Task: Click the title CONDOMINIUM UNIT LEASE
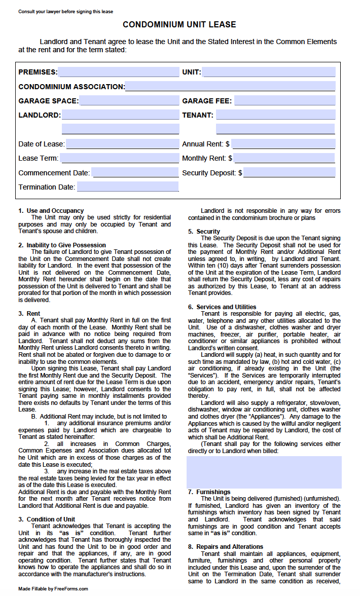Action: tap(179, 24)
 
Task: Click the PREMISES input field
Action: tap(118, 72)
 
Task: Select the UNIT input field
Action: tap(268, 72)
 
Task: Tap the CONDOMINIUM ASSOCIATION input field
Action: tap(230, 86)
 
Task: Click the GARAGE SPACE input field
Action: tap(129, 101)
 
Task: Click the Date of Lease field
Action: tap(122, 144)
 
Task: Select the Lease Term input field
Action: tap(119, 158)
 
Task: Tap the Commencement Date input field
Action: tap(135, 173)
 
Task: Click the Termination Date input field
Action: tap(128, 187)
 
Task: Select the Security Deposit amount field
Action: tap(290, 173)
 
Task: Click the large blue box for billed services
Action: tap(264, 472)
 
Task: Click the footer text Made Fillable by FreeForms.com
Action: tap(53, 589)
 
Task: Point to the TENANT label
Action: tap(198, 115)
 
